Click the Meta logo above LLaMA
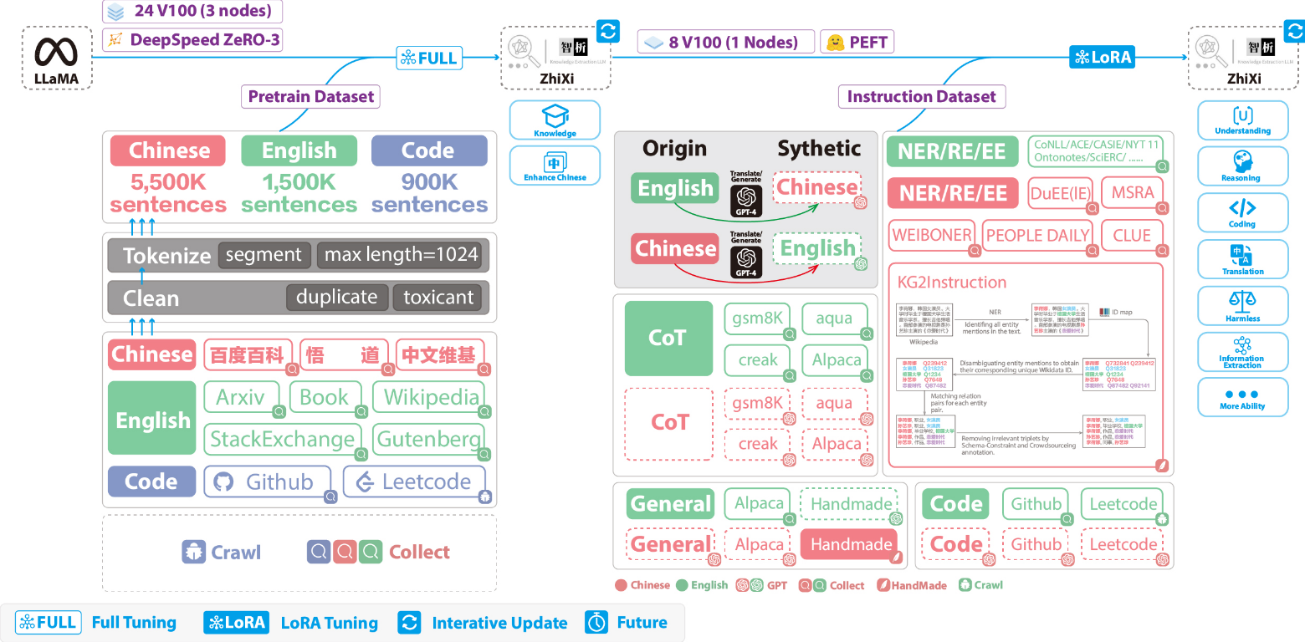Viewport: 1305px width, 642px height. coord(56,52)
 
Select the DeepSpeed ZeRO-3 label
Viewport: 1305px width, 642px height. coord(192,39)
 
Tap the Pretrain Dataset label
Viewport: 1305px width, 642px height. coord(311,96)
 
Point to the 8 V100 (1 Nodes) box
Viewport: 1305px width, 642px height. coord(725,42)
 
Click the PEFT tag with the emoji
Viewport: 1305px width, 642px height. coord(857,42)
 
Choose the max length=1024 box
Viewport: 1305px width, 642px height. coord(401,255)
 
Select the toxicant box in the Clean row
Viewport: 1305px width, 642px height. coord(438,298)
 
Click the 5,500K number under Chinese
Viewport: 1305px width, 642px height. coord(167,181)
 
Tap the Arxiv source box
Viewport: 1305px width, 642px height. coord(240,397)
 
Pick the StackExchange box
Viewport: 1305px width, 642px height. coord(282,439)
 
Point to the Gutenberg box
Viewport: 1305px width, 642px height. coord(430,439)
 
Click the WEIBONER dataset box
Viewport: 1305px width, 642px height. coord(932,236)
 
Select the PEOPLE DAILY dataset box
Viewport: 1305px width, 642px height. coord(1037,236)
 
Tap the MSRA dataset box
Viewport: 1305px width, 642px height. coord(1132,193)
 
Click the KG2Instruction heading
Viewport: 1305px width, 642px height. coord(952,282)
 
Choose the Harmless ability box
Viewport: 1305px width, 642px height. coord(1242,306)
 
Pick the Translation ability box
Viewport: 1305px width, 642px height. coord(1242,259)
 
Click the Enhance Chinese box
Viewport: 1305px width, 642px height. coord(555,165)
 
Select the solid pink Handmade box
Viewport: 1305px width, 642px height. coord(850,544)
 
